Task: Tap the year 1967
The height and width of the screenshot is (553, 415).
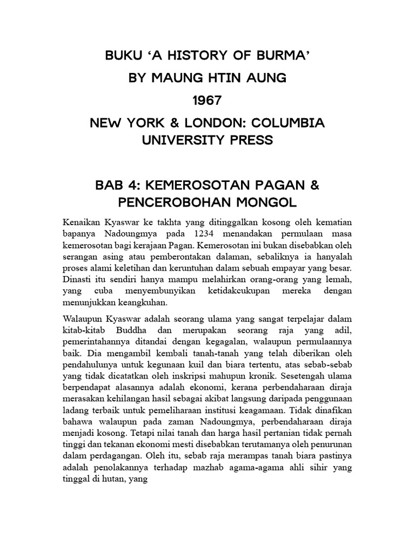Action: pyautogui.click(x=207, y=101)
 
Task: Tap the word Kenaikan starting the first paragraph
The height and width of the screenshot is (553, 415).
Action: pyautogui.click(x=82, y=222)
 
